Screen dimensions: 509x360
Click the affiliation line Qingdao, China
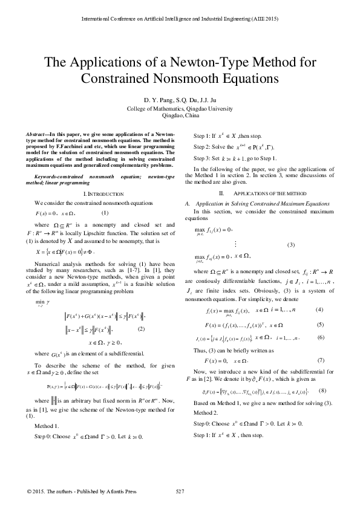click(x=180, y=114)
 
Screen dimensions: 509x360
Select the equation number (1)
click(x=105, y=212)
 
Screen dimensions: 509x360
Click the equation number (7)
click(x=321, y=360)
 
